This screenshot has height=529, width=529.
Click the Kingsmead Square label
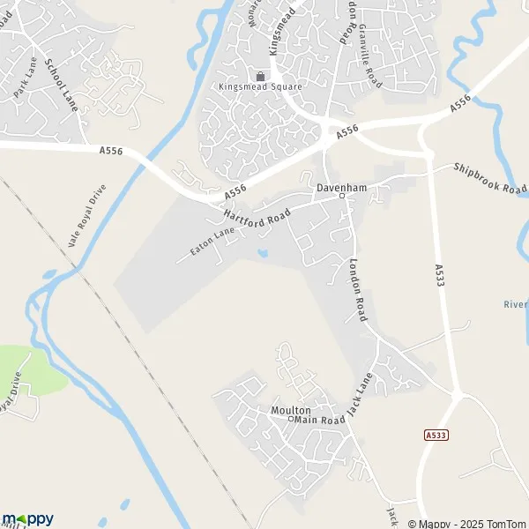pos(260,86)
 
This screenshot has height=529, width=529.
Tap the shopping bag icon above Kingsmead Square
pos(260,75)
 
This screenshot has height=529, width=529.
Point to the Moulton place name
pos(291,411)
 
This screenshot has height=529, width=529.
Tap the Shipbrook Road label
pos(490,178)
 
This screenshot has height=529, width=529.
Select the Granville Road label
pos(369,56)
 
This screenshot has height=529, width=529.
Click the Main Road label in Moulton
pos(318,421)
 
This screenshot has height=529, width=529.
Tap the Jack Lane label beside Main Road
pos(356,394)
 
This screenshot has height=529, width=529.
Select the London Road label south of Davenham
pos(358,289)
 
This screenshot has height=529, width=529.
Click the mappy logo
pos(27,518)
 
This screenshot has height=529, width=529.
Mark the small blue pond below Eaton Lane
pos(264,255)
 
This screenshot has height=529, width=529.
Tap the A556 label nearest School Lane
pos(110,152)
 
